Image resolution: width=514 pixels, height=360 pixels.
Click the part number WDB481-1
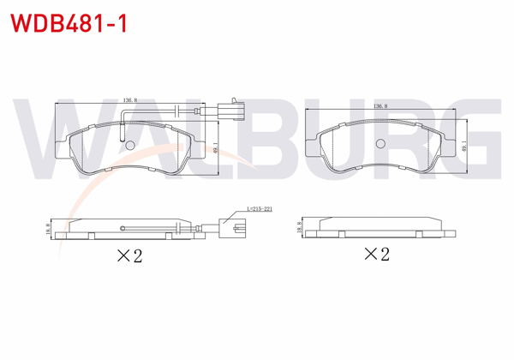point(69,22)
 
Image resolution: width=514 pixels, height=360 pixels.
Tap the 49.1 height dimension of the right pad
point(464,147)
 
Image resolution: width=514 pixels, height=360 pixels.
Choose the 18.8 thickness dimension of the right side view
point(300,226)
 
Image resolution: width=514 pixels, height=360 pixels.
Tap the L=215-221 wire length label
point(258,209)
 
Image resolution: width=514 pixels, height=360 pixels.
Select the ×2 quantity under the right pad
point(377,254)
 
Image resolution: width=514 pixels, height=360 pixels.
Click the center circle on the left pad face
point(131,145)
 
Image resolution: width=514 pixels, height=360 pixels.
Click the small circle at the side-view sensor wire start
point(125,227)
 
